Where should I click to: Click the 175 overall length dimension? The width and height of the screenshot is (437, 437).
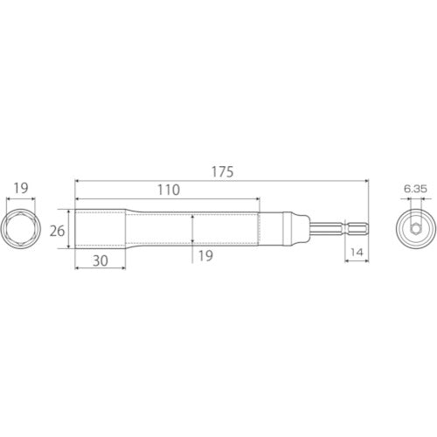pos(222,172)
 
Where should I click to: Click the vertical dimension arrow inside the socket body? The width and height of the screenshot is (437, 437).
pos(192,229)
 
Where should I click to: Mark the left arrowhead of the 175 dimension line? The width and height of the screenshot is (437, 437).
pos(78,181)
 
